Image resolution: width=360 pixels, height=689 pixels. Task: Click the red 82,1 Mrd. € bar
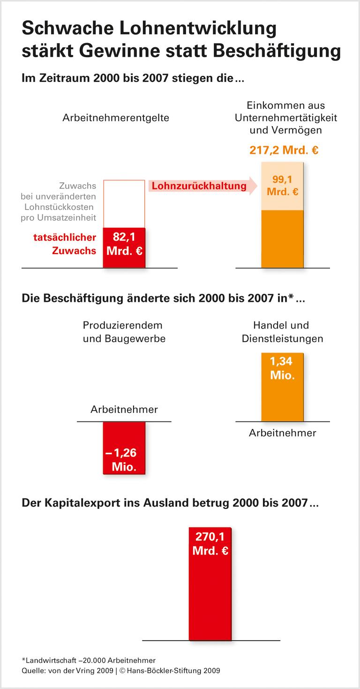(x=124, y=247)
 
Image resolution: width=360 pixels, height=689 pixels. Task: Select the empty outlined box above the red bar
(x=124, y=203)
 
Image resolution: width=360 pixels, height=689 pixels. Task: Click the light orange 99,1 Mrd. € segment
(x=282, y=187)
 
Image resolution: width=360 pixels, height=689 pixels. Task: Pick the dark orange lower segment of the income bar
(x=282, y=239)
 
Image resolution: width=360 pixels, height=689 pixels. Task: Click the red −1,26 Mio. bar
(x=124, y=448)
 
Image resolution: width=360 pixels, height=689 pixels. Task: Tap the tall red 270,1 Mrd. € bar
(x=210, y=583)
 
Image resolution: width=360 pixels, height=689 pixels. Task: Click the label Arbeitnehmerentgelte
(x=116, y=118)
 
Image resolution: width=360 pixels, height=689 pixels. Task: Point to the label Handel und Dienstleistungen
(x=282, y=332)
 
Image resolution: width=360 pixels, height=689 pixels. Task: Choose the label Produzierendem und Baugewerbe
(x=124, y=332)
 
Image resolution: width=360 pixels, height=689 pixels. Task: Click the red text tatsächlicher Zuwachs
(x=65, y=244)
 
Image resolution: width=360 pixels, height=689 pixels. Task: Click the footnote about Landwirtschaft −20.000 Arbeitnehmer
(x=89, y=660)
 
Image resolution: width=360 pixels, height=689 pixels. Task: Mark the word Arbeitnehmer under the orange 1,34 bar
(x=282, y=433)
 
